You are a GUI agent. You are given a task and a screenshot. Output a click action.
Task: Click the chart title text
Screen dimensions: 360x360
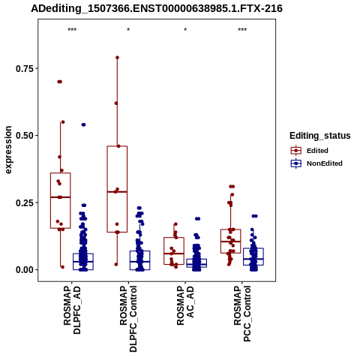click(x=157, y=8)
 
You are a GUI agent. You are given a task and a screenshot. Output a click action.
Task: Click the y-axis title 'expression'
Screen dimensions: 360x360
click(x=8, y=150)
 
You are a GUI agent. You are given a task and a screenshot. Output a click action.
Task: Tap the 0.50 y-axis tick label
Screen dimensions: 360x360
click(x=25, y=136)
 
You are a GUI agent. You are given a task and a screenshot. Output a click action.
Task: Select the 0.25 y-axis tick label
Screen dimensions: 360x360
click(x=25, y=202)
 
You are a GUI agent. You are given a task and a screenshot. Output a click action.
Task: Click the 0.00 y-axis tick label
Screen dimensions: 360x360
click(x=25, y=270)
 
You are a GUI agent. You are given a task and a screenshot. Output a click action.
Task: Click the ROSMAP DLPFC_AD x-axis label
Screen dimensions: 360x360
click(x=72, y=310)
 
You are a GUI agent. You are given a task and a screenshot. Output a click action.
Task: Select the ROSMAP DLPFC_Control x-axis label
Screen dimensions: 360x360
click(x=128, y=319)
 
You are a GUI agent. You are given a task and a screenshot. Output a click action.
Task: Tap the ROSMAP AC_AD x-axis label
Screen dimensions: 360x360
click(x=185, y=305)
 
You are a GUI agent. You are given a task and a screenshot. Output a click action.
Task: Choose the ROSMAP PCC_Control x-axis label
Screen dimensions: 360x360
click(x=242, y=314)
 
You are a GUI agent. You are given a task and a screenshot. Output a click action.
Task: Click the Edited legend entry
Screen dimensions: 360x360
click(x=317, y=151)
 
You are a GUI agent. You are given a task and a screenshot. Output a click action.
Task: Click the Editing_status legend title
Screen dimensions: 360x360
click(x=320, y=136)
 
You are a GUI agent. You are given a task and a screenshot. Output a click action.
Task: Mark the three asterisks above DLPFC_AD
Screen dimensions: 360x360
click(x=72, y=30)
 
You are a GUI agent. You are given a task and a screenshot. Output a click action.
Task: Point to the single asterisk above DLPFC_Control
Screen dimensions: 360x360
click(x=128, y=30)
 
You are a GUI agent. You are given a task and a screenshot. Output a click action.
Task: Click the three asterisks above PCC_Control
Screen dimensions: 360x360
click(x=242, y=30)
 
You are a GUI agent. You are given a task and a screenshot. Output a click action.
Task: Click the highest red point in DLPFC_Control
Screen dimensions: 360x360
click(x=117, y=58)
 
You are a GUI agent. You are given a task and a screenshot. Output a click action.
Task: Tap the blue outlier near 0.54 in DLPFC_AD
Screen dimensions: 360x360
click(x=83, y=124)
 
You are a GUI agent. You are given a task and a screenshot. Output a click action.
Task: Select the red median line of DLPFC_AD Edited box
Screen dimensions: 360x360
click(x=61, y=197)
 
